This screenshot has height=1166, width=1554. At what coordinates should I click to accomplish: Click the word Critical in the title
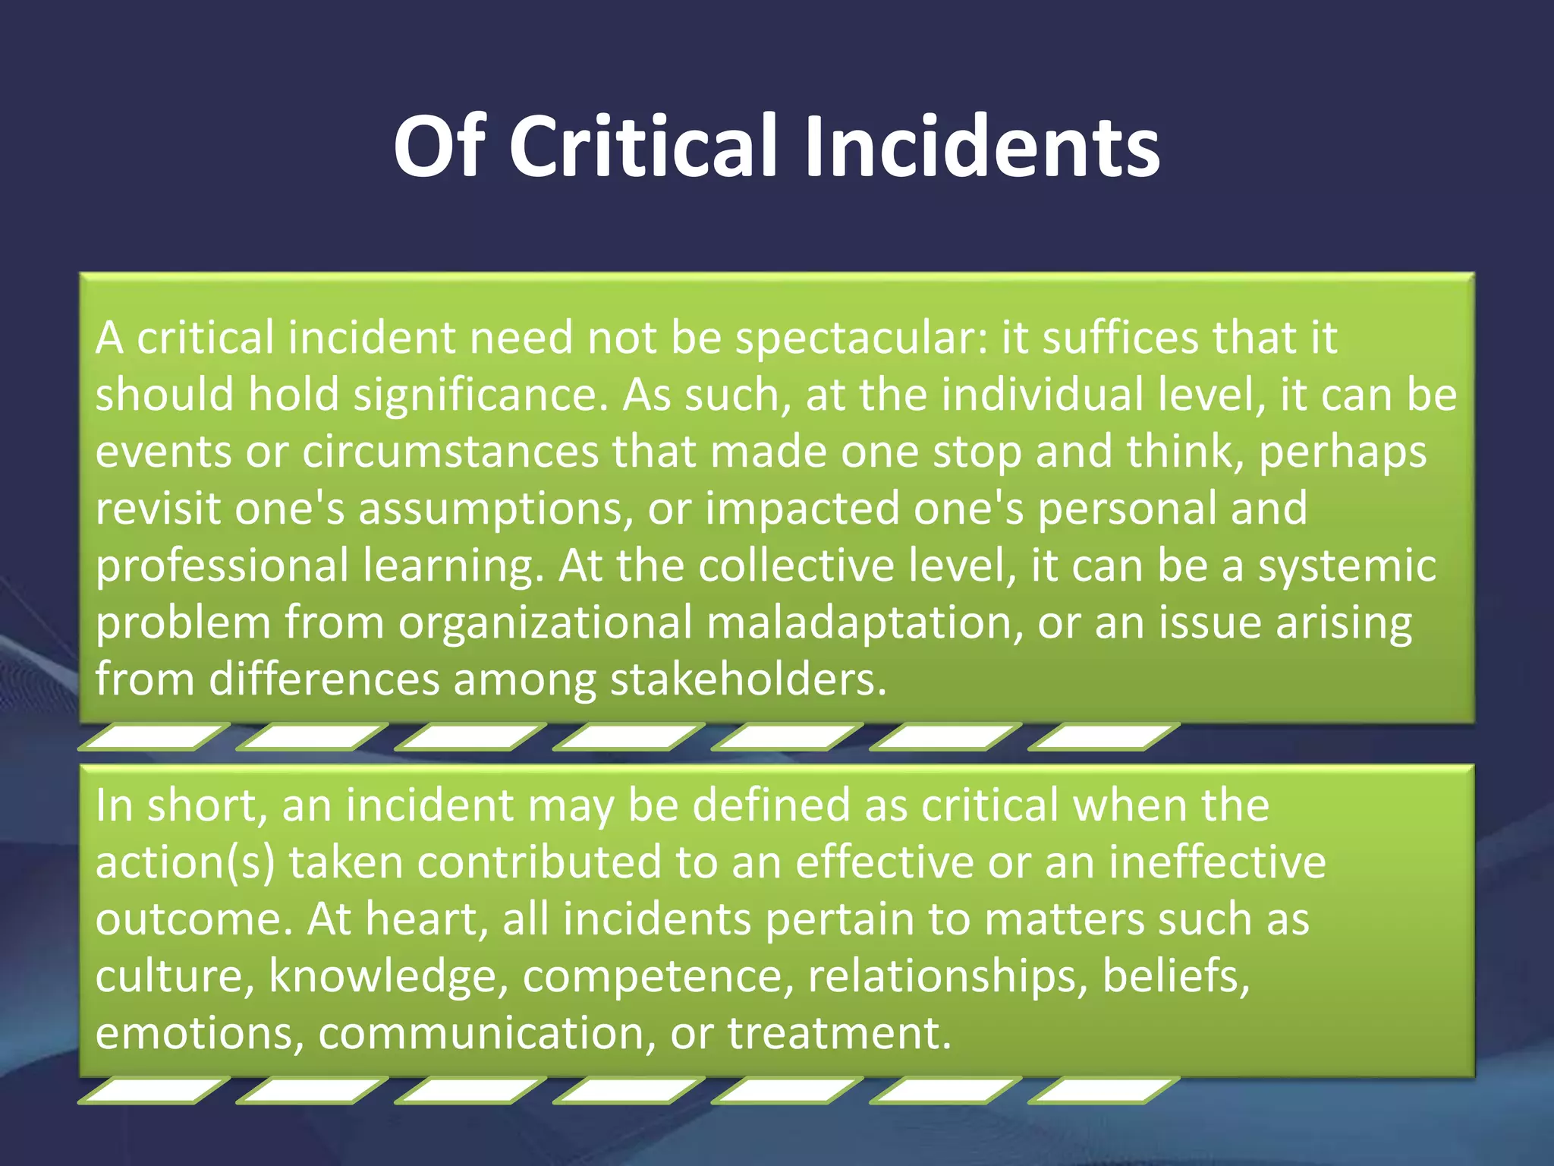pos(643,146)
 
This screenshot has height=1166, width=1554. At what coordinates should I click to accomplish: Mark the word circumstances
pos(451,452)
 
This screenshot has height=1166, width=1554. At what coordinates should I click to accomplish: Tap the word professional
pos(222,567)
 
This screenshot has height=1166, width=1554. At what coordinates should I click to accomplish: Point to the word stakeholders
pos(748,679)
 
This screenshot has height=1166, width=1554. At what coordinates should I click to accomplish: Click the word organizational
pos(546,624)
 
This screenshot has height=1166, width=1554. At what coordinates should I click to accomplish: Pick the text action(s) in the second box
pos(185,863)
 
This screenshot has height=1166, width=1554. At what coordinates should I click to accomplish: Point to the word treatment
pos(839,1033)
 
